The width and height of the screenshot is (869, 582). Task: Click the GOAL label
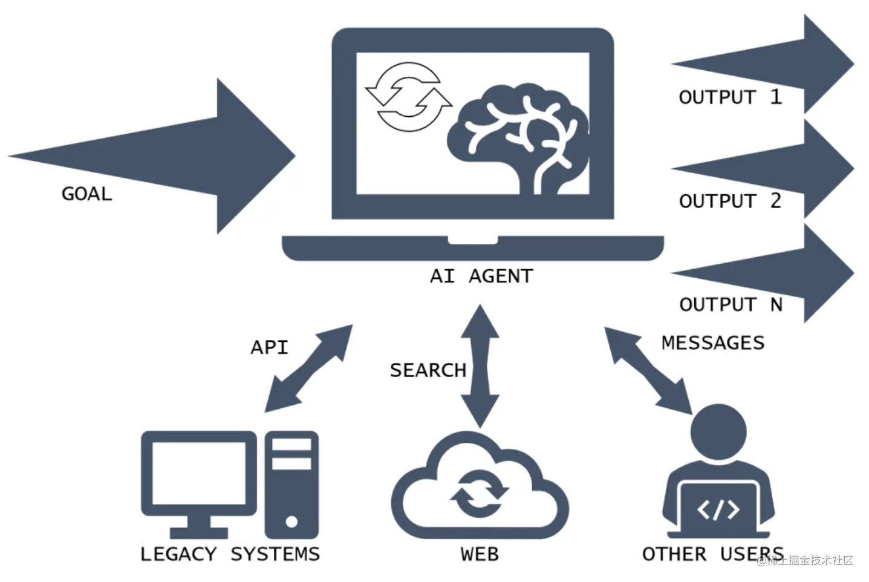coord(86,194)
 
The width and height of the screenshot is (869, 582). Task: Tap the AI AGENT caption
coord(481,276)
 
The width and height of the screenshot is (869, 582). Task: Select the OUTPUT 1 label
coord(730,97)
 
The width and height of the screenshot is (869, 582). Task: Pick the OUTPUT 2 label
coord(730,201)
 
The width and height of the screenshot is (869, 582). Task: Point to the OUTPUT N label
coord(731,304)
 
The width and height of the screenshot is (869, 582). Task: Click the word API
coord(269,347)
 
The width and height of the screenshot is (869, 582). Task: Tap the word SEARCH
coord(428,370)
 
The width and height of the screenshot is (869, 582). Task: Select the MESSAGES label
coord(712,342)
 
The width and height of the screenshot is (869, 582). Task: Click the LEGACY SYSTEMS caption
coord(230,554)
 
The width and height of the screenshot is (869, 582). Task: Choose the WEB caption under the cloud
coord(480,554)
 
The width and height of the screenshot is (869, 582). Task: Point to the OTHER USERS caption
coord(712,554)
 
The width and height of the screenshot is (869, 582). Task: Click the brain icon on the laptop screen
coord(520,139)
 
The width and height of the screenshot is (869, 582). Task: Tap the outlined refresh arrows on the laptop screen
coord(409,97)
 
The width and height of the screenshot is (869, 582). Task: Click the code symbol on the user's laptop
coord(718,509)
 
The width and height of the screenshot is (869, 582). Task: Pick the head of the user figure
coord(718,432)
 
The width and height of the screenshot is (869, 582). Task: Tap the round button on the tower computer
coord(291,522)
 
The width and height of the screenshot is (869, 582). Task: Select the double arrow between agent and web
coord(480,366)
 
